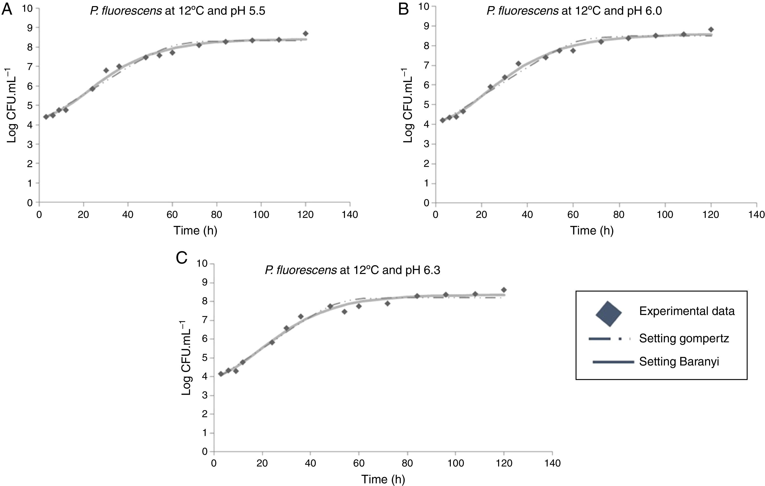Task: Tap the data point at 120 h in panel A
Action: click(306, 33)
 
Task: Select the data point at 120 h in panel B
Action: click(711, 30)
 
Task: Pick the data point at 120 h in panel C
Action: click(503, 290)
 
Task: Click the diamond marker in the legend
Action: click(608, 314)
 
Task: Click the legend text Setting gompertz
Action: click(684, 338)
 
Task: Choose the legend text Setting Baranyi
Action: click(679, 362)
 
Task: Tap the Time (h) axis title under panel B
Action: click(592, 230)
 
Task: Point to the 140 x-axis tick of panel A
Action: click(350, 215)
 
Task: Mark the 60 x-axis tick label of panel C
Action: click(359, 463)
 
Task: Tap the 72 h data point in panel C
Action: click(387, 303)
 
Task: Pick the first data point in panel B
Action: click(442, 120)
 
